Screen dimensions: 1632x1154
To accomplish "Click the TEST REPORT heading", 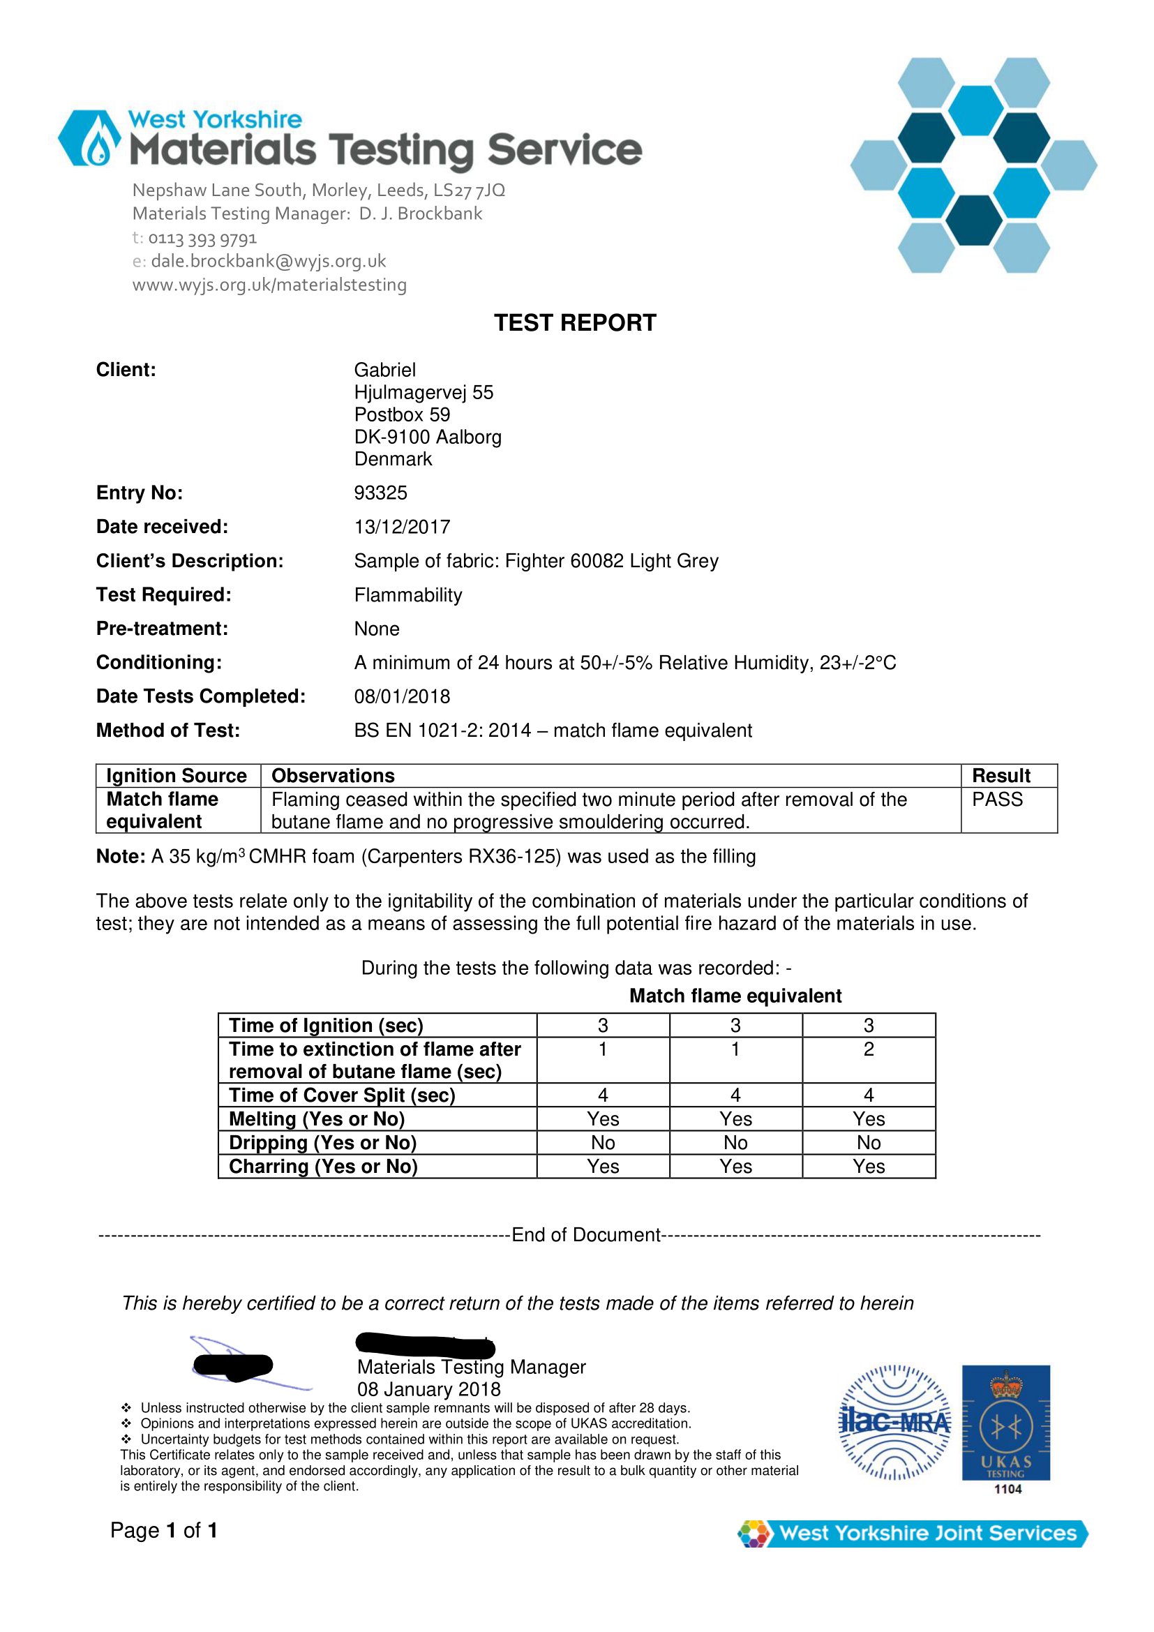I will (x=575, y=323).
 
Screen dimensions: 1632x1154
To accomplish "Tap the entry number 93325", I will (x=380, y=493).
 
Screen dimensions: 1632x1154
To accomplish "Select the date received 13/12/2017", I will (x=402, y=527).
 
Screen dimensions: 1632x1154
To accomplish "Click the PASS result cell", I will (x=997, y=800).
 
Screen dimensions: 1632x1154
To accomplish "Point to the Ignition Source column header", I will (x=177, y=775).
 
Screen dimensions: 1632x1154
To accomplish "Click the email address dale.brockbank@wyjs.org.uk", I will (x=268, y=261).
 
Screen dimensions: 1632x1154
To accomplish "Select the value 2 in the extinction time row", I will (x=869, y=1049).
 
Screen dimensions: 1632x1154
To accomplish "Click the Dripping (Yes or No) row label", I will (x=322, y=1142).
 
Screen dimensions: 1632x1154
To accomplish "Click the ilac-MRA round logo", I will (x=894, y=1422).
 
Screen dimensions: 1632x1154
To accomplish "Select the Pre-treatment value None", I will (x=377, y=629).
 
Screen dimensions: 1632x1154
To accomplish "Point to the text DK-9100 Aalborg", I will (x=428, y=437).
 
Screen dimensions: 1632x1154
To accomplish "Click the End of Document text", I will (x=586, y=1235).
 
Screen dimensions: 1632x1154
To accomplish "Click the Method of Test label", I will (x=167, y=731).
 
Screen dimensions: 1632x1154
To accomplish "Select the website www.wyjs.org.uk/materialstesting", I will (x=269, y=285).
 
